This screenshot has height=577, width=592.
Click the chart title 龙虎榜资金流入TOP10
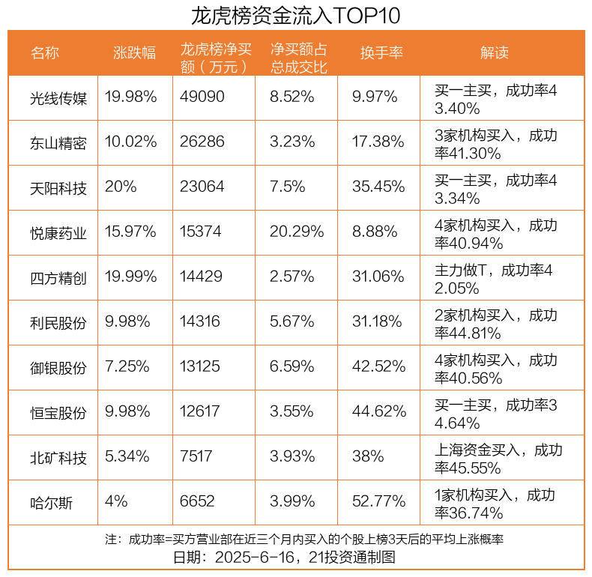tap(295, 15)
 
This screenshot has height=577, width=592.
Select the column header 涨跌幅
tap(135, 53)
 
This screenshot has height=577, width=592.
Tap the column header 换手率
tap(381, 53)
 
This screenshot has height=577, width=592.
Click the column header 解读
tap(494, 53)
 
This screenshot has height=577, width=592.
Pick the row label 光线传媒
tap(58, 97)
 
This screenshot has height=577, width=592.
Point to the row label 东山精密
tap(58, 142)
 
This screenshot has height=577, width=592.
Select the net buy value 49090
tap(202, 97)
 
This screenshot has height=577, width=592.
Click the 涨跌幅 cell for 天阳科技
tap(121, 187)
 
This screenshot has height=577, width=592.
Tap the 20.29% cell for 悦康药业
tap(297, 232)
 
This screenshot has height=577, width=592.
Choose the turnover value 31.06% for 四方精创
tap(378, 277)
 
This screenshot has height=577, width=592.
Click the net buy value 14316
tap(202, 322)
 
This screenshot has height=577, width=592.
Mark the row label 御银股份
tap(58, 367)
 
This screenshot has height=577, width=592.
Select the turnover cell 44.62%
tap(378, 412)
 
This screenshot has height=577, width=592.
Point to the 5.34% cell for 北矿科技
tap(127, 457)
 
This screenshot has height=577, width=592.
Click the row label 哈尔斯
tap(52, 502)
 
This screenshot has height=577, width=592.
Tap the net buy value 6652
tap(197, 502)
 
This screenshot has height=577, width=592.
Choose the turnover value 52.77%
tap(378, 502)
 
